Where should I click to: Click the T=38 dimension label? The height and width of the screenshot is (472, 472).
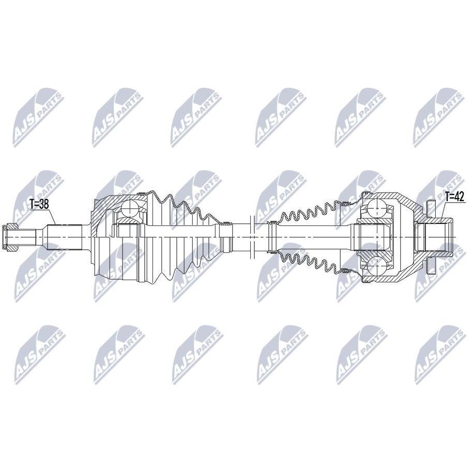coord(39,204)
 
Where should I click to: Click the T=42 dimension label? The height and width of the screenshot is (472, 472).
coord(454,197)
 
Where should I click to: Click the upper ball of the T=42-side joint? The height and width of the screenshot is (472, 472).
coord(376,207)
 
